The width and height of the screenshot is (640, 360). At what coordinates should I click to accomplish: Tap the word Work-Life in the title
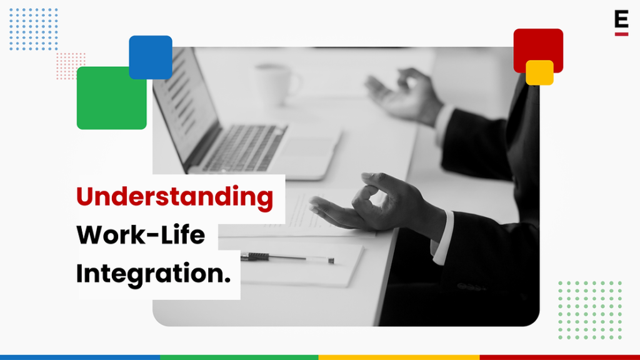click(x=141, y=235)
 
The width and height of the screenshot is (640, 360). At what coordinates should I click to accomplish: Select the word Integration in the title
click(x=149, y=274)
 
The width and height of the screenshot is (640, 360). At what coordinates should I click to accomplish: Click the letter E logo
click(x=621, y=22)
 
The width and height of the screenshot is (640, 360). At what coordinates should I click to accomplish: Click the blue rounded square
click(x=151, y=57)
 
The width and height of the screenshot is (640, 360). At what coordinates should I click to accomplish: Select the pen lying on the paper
click(x=287, y=257)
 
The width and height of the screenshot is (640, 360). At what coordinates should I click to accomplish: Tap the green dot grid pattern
click(x=590, y=310)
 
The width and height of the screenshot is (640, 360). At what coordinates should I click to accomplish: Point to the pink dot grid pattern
click(x=70, y=66)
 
